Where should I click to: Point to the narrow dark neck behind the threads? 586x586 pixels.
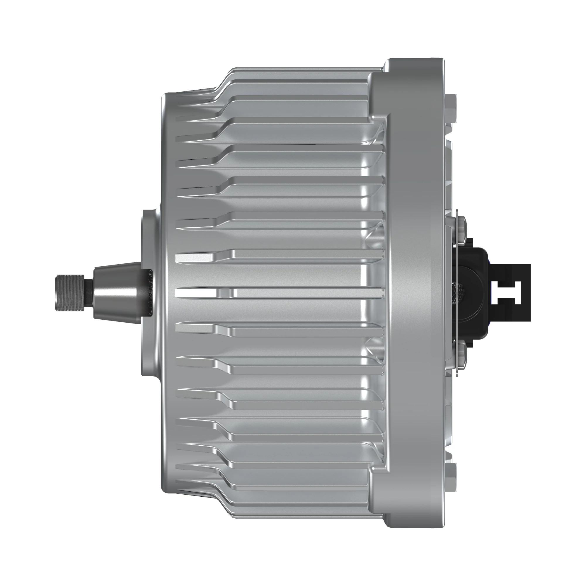click(x=90, y=292)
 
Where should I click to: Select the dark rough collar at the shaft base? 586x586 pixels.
click(x=149, y=292)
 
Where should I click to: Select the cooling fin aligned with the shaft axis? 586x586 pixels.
click(x=273, y=293)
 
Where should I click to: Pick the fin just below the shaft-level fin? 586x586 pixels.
click(x=273, y=329)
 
